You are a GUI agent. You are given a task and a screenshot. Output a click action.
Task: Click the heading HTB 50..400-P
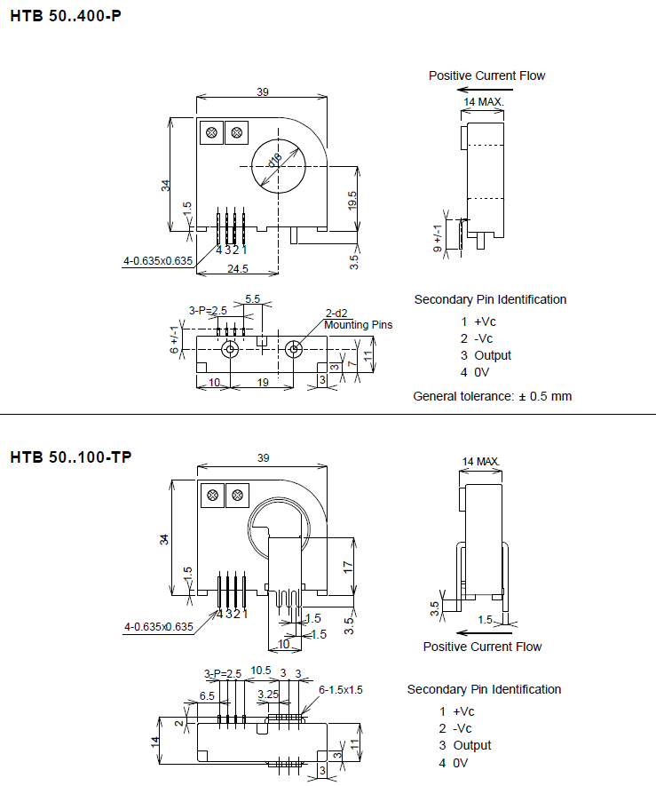66,15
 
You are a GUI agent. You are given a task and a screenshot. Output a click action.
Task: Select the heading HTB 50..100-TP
71,457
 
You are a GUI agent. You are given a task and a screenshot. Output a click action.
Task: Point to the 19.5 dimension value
352,201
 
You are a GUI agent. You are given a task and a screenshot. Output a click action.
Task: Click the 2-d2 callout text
336,313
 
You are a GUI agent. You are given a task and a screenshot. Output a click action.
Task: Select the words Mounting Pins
358,325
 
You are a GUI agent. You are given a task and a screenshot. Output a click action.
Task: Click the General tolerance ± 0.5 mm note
493,396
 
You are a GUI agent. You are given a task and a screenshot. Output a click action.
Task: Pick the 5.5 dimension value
253,299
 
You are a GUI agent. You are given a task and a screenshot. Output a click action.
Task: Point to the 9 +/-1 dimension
437,238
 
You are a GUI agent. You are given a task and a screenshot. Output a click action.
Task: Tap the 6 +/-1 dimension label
174,339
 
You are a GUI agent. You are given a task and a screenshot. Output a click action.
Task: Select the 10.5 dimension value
260,671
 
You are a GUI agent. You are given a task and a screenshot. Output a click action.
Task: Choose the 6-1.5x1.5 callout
341,689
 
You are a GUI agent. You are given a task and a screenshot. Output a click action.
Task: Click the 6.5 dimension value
207,695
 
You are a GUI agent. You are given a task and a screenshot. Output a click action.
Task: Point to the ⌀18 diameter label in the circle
275,160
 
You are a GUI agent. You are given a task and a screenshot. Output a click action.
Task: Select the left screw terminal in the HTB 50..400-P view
212,133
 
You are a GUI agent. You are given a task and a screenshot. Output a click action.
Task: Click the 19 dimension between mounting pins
262,382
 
